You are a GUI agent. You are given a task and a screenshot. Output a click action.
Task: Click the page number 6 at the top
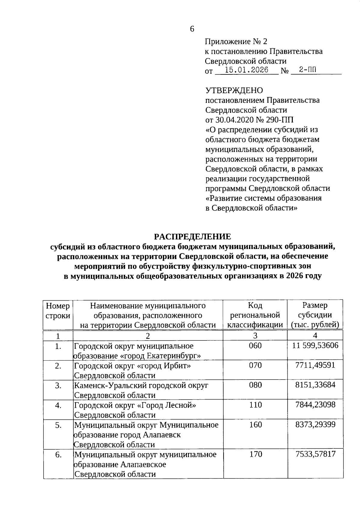coord(192,29)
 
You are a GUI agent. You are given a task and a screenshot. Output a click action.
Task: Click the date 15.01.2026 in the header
coord(247,70)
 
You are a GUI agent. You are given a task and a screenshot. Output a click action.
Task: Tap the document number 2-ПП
coord(303,70)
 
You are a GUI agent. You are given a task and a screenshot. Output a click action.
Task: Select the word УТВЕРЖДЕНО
coord(234,90)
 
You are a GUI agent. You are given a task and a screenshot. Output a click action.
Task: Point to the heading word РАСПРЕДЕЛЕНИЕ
coord(193,237)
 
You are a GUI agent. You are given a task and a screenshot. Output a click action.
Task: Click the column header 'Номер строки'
coord(58,311)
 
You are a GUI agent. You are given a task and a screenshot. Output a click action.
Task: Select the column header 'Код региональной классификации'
coord(255,315)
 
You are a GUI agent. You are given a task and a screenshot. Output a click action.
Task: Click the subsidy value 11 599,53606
coord(315,346)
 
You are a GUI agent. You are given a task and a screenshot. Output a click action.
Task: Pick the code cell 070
coord(255,365)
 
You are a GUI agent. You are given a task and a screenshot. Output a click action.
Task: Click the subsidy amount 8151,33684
coord(315,385)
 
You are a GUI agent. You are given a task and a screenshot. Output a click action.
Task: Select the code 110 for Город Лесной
coord(255,405)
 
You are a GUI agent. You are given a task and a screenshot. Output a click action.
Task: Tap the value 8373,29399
coord(315,425)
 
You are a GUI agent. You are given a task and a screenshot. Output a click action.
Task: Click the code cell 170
coord(255,454)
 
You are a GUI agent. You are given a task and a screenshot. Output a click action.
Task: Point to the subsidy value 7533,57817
coord(315,454)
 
